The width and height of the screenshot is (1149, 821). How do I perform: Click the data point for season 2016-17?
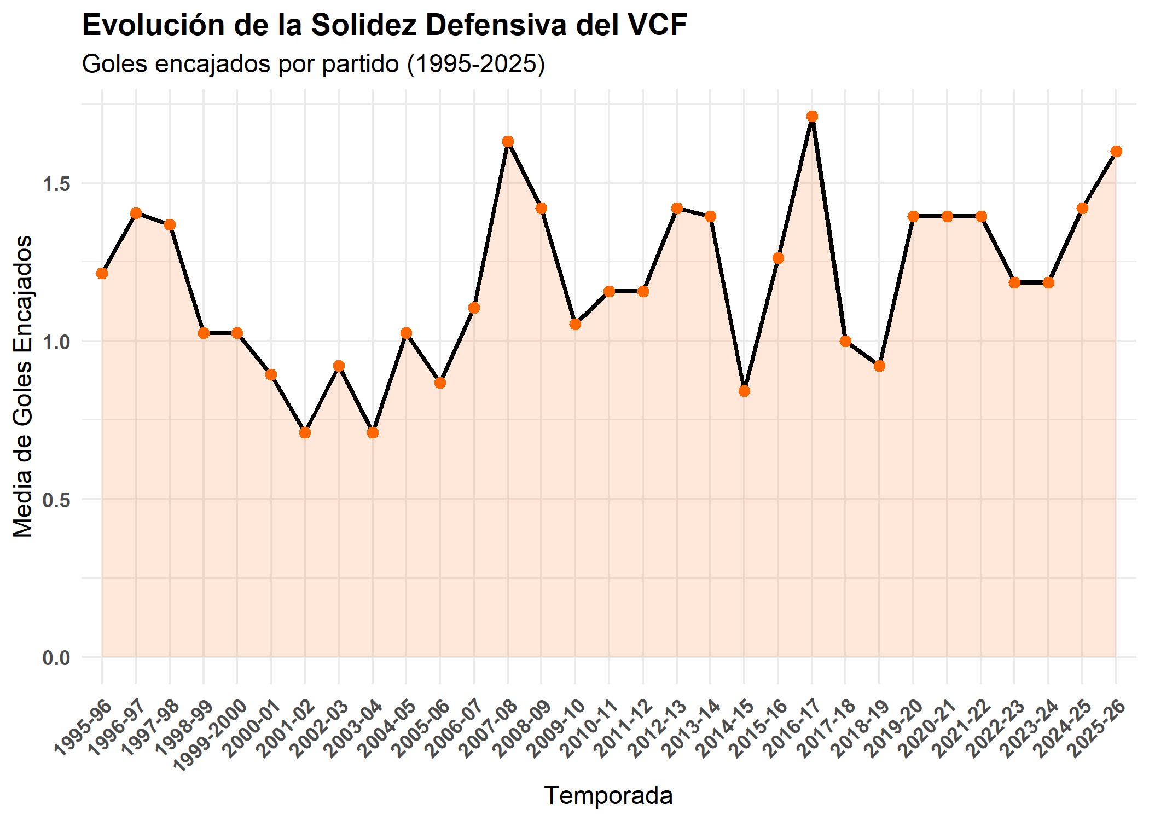[812, 116]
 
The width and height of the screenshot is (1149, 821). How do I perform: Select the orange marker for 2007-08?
[508, 142]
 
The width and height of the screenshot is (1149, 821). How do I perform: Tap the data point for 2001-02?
[305, 433]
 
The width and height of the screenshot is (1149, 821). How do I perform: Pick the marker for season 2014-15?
[744, 391]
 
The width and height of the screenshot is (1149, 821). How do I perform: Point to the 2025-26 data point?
[1116, 152]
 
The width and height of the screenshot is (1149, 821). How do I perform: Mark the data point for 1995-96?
[102, 273]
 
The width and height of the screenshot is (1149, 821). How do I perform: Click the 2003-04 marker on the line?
[373, 433]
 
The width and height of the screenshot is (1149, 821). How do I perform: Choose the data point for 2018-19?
[879, 366]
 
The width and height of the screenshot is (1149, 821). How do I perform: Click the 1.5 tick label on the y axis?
[57, 184]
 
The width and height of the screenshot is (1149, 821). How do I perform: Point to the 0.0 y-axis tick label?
[57, 657]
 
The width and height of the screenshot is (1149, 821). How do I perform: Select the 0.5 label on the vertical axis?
[57, 500]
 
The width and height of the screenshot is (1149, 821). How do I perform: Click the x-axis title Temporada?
[608, 795]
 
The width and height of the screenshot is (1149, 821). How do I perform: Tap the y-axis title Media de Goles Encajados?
[23, 386]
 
